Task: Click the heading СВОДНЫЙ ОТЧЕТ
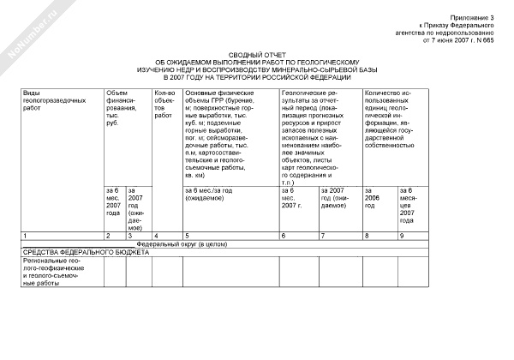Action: tap(257, 54)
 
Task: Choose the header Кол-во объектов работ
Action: tap(164, 100)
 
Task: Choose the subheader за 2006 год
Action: tap(374, 220)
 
